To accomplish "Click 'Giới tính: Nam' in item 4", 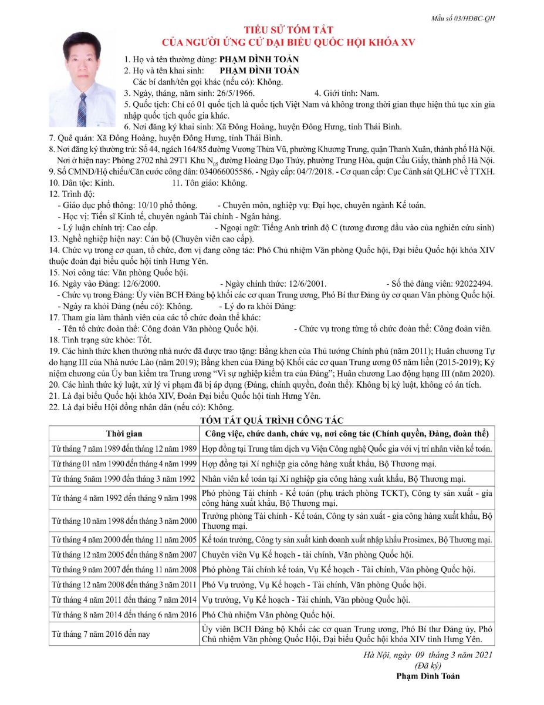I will (347, 93).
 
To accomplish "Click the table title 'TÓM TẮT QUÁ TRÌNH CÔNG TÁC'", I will (272, 420).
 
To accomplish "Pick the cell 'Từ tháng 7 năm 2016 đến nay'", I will (101, 634).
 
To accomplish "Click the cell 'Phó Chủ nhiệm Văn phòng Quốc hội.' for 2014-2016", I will (268, 615).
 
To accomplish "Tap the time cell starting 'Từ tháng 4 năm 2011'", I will (124, 600).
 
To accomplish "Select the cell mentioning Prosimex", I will (346, 539).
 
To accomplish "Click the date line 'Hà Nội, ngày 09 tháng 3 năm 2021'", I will (428, 654).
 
